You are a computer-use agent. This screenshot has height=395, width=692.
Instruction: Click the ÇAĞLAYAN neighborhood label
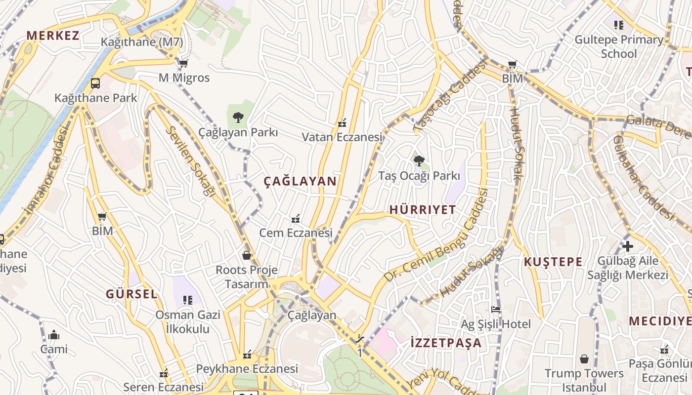click(x=300, y=181)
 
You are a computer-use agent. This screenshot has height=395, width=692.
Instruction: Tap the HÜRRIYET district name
click(x=423, y=210)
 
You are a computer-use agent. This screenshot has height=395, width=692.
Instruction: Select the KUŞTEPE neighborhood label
click(x=553, y=262)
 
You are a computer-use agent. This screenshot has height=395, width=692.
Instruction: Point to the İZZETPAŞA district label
click(x=446, y=343)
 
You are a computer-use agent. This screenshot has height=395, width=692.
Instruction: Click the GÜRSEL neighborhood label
click(x=131, y=294)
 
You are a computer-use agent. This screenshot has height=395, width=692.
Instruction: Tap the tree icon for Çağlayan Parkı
click(x=238, y=117)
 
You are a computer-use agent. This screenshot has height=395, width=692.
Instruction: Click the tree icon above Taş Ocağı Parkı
click(x=419, y=160)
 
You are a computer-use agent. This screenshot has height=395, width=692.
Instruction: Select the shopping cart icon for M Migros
click(x=184, y=63)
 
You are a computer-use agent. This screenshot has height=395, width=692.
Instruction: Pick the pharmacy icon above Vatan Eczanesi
click(x=342, y=122)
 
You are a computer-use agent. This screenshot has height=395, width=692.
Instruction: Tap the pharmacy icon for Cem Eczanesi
click(x=296, y=218)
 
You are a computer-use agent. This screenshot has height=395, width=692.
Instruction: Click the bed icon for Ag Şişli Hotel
click(x=496, y=310)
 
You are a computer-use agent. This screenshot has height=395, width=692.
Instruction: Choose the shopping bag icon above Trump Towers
click(x=584, y=358)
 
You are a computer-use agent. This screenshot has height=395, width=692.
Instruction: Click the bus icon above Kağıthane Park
click(x=95, y=83)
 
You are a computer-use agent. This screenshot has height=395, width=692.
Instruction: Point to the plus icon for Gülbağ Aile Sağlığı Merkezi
click(x=627, y=246)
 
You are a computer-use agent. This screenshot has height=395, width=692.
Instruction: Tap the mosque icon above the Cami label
click(x=54, y=335)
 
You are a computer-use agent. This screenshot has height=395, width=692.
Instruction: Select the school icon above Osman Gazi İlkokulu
click(x=188, y=300)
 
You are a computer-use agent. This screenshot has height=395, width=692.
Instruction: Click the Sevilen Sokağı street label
click(x=192, y=161)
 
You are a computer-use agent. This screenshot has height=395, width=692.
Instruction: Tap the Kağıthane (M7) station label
click(x=142, y=42)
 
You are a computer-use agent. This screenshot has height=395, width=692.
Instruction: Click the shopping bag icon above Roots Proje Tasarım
click(x=247, y=255)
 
